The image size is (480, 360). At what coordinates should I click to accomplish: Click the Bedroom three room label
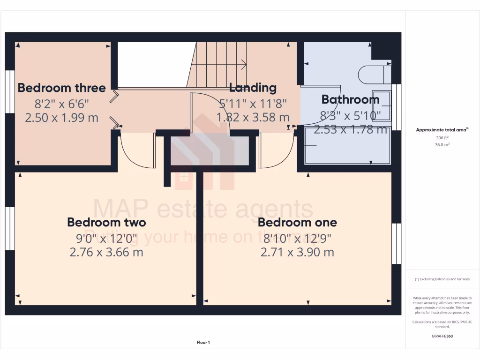click(61, 88)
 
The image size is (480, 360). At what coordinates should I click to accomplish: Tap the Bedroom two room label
click(106, 222)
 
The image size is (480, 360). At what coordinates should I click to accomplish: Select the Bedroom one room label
click(297, 222)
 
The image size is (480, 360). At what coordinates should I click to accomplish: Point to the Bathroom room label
click(350, 99)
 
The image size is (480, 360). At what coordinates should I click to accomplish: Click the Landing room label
click(253, 88)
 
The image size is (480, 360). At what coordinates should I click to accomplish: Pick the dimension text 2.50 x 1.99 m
click(61, 117)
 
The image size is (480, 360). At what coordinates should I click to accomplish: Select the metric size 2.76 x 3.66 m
click(106, 252)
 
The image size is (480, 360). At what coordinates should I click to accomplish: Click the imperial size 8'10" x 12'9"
click(297, 238)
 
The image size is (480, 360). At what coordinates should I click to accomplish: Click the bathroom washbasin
click(381, 106)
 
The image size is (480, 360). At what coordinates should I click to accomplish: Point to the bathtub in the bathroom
click(347, 146)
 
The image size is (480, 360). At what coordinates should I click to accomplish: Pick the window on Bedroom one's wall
click(397, 243)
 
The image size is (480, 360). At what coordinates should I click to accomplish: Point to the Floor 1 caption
click(203, 343)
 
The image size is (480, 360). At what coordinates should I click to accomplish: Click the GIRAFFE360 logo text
click(442, 336)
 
